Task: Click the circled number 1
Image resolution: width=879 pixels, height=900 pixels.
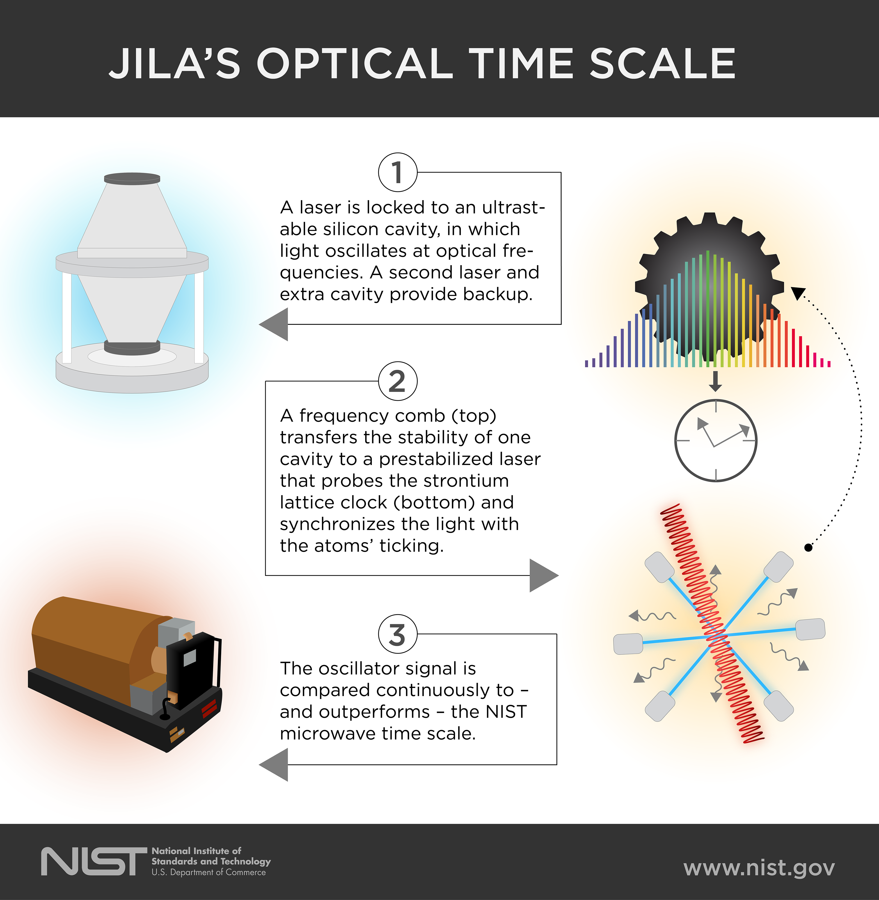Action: coord(398,172)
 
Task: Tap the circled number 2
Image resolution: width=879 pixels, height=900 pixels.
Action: coord(398,381)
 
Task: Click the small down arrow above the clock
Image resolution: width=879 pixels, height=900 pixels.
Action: coord(716,382)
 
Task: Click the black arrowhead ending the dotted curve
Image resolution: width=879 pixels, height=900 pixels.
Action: coord(798,293)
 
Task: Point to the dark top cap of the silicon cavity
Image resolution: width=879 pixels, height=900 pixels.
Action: coord(132,178)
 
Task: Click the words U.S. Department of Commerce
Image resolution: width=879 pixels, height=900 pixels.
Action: coord(209,872)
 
